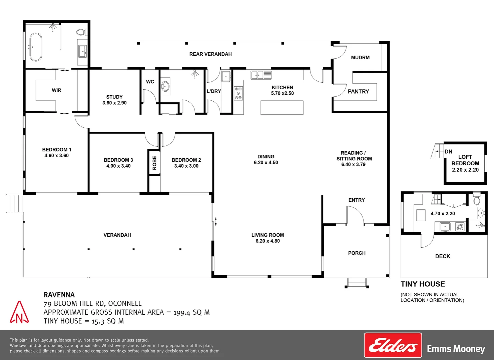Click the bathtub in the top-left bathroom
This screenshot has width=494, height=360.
(36, 47)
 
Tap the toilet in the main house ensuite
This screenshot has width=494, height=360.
(81, 32)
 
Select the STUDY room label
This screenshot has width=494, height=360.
(114, 97)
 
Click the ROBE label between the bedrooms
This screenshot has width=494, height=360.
(154, 163)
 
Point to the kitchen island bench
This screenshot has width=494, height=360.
(282, 108)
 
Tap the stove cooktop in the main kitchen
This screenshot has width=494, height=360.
(238, 93)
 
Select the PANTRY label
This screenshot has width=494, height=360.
(358, 91)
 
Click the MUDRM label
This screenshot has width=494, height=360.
(360, 58)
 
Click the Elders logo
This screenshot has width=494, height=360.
(393, 345)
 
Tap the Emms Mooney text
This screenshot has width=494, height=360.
(456, 349)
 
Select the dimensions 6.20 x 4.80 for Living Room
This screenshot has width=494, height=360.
(268, 241)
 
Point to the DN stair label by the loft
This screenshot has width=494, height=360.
(448, 152)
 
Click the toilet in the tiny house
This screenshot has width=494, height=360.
(476, 200)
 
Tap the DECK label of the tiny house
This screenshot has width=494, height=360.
(443, 256)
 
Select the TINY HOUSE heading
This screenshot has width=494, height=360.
(423, 284)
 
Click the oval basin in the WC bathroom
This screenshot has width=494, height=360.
(165, 86)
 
